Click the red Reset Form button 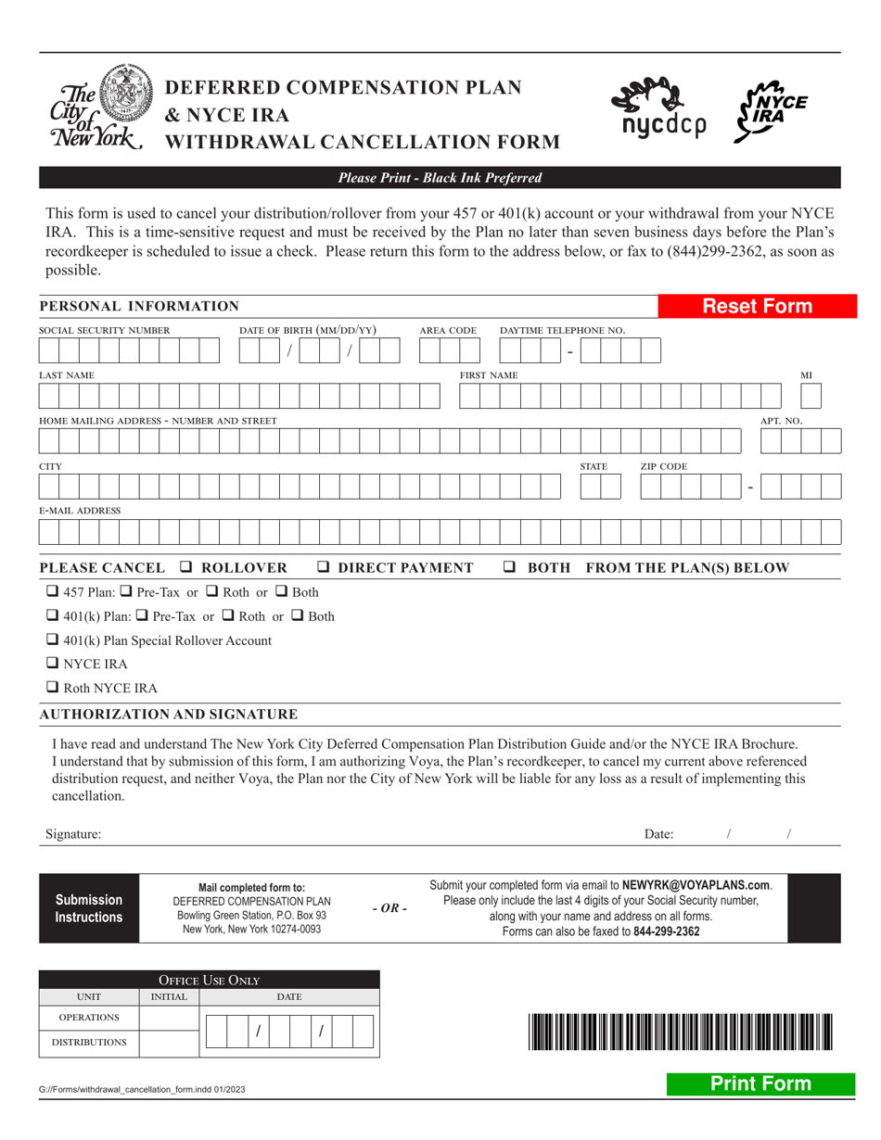click(x=757, y=307)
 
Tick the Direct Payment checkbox click(x=325, y=567)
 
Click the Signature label click(x=73, y=834)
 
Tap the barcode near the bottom click(x=681, y=1032)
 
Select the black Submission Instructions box click(x=89, y=908)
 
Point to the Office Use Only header click(x=209, y=980)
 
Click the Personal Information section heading click(x=139, y=307)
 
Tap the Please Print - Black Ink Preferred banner click(x=440, y=178)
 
